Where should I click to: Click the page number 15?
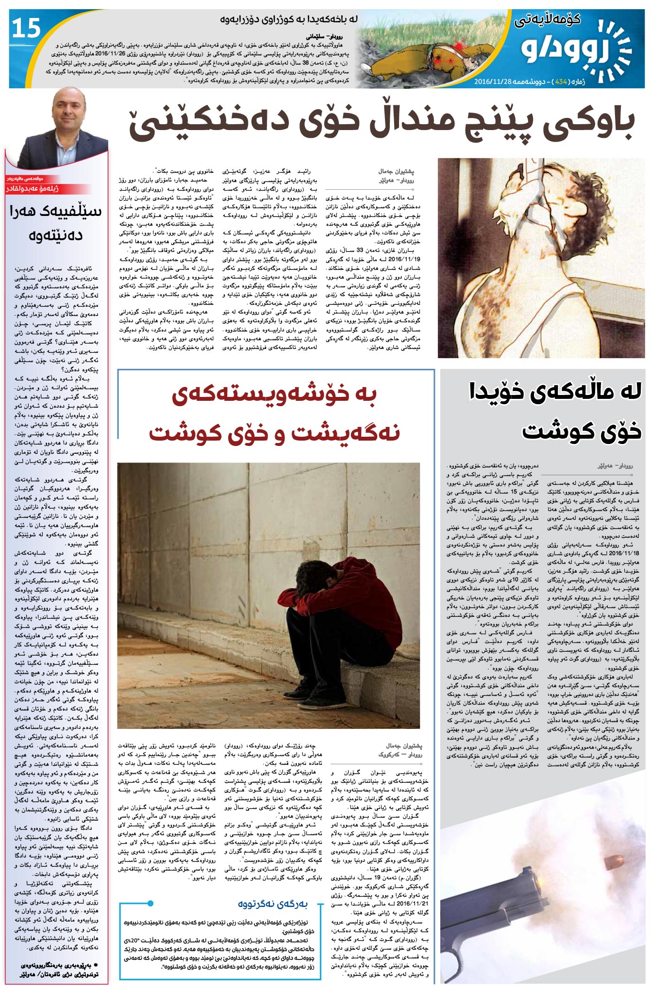[26, 29]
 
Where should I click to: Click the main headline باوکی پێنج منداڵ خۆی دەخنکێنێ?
[381, 124]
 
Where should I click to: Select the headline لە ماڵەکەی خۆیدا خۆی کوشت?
[556, 411]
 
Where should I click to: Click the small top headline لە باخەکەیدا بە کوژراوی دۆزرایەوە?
[288, 20]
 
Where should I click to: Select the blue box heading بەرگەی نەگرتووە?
[272, 904]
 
